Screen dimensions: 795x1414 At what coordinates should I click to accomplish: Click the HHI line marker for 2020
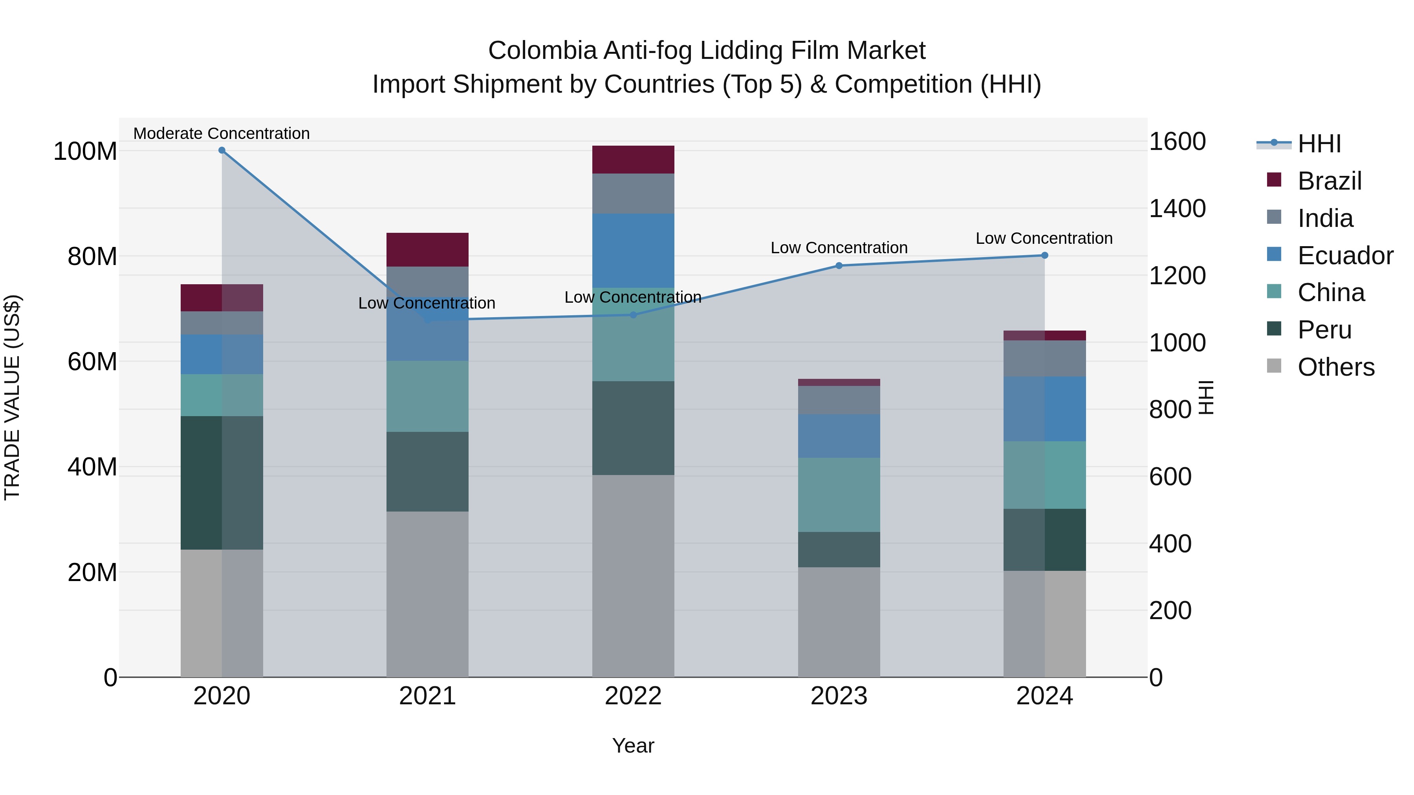tap(222, 150)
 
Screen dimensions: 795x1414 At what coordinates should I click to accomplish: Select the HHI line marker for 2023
tap(839, 265)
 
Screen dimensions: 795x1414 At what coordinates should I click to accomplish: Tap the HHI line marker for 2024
tap(1044, 255)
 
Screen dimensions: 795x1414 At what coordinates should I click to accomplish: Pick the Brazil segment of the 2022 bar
tap(633, 160)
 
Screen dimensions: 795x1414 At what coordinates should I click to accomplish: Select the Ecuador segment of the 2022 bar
tap(633, 250)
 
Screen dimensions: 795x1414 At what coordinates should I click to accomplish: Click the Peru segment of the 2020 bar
tap(222, 483)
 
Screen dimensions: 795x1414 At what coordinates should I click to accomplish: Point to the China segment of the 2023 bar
tap(839, 495)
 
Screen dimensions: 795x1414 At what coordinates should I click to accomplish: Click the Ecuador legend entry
tap(1345, 256)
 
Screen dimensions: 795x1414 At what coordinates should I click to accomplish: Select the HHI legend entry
tap(1319, 144)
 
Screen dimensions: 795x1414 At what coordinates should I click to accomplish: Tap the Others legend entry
tap(1335, 367)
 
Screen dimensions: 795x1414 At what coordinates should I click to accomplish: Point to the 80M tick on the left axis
tap(92, 257)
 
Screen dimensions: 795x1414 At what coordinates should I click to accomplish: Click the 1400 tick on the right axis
tap(1178, 208)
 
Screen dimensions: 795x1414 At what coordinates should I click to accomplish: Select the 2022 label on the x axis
tap(633, 696)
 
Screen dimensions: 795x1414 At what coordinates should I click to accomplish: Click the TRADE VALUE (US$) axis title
tap(12, 397)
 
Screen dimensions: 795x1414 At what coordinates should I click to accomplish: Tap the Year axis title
tap(633, 746)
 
